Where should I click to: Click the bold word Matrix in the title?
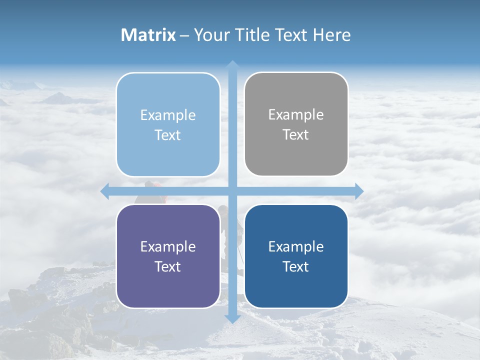pyautogui.click(x=148, y=35)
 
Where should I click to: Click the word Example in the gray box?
pyautogui.click(x=296, y=115)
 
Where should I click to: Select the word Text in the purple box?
pyautogui.click(x=168, y=267)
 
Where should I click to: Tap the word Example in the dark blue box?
pyautogui.click(x=296, y=246)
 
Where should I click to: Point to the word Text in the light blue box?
pyautogui.click(x=168, y=135)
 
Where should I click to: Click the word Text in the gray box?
pyautogui.click(x=296, y=135)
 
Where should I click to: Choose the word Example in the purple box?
pyautogui.click(x=168, y=246)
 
